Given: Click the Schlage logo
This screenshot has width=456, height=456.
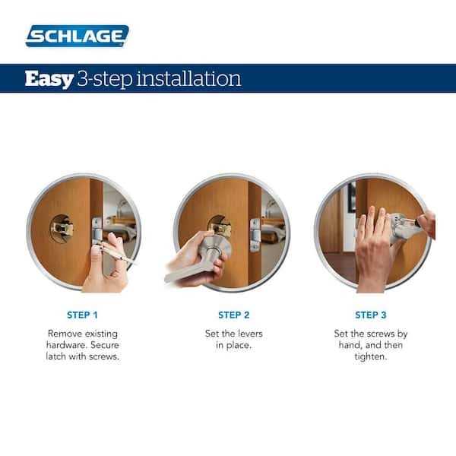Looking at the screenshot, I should (77, 35).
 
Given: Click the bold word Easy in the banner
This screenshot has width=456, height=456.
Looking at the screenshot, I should (48, 78).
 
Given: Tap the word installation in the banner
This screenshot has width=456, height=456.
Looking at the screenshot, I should (191, 78).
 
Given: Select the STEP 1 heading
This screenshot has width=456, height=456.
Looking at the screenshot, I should (82, 314).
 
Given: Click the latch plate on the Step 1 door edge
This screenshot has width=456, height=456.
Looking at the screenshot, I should (96, 232).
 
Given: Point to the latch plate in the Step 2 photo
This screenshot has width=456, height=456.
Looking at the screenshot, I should (255, 232).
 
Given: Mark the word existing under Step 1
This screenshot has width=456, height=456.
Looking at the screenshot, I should (109, 334).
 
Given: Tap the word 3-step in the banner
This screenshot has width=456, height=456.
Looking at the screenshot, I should (103, 79).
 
